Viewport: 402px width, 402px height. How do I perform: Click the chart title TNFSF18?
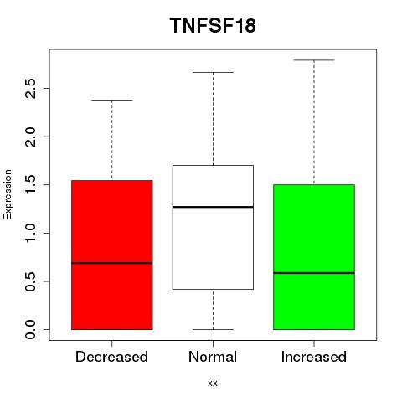click(213, 25)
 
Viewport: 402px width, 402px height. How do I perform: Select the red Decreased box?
click(112, 255)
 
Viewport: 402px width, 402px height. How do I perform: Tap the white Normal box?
click(213, 227)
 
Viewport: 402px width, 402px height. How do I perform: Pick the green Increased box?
click(314, 257)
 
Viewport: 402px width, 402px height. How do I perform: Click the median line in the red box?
click(112, 263)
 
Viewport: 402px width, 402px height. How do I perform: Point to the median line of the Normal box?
click(213, 207)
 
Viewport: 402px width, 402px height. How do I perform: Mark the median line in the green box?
click(314, 273)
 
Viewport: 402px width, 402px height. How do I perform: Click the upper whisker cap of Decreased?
click(112, 100)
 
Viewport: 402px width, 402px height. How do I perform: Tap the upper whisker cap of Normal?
click(213, 72)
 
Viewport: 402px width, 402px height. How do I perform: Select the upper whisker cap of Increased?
click(314, 60)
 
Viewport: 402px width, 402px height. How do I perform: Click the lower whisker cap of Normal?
click(213, 329)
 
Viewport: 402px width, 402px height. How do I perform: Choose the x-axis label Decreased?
click(111, 357)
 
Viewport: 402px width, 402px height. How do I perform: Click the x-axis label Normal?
click(213, 357)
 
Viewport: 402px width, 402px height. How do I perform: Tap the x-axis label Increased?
click(314, 357)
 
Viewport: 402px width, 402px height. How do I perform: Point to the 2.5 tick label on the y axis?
click(30, 88)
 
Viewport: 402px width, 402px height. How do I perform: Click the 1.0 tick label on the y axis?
click(30, 233)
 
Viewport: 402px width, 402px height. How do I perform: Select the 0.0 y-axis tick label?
click(30, 329)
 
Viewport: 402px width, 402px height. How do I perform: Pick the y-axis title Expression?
click(8, 194)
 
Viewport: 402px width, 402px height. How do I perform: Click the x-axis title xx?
click(213, 384)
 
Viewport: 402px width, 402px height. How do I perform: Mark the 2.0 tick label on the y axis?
click(30, 137)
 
